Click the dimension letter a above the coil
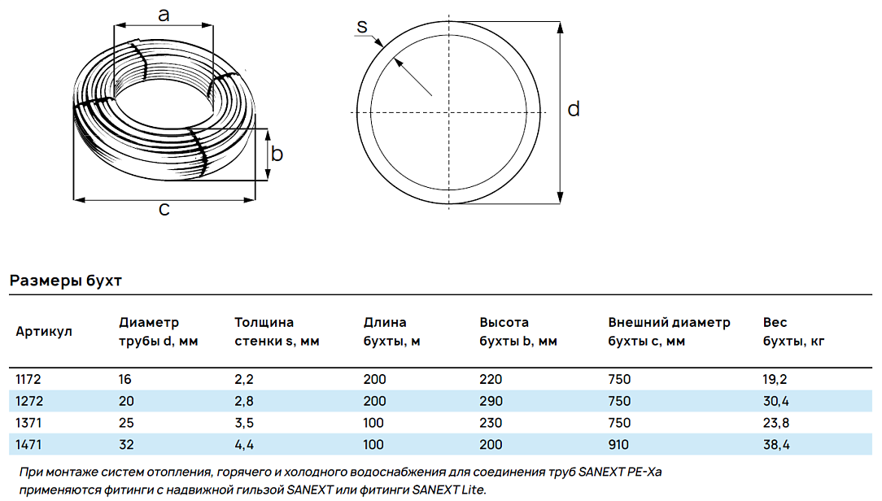point(164,15)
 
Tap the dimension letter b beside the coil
point(277,153)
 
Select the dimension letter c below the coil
point(164,209)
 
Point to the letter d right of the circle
point(574,108)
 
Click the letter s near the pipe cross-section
point(362,26)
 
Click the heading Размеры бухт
point(66,280)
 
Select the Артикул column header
point(44,331)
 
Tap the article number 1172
point(28,380)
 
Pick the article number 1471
point(28,445)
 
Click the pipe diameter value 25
point(126,423)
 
